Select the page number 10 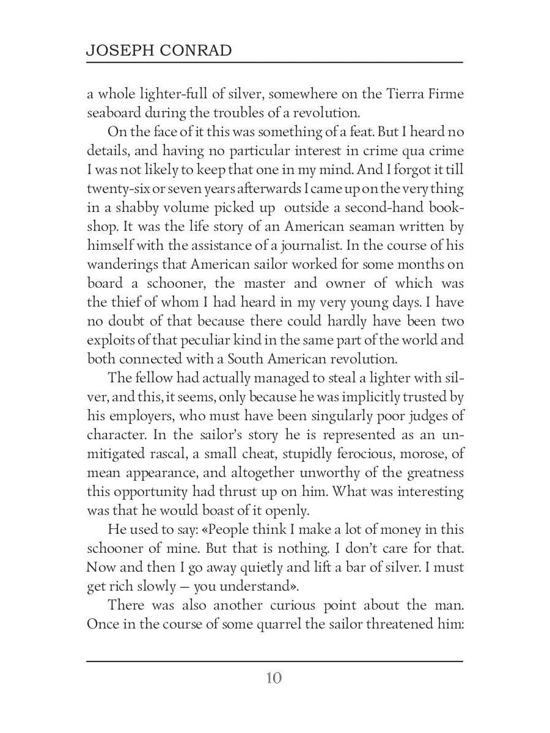point(274,679)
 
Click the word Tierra point(408,94)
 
